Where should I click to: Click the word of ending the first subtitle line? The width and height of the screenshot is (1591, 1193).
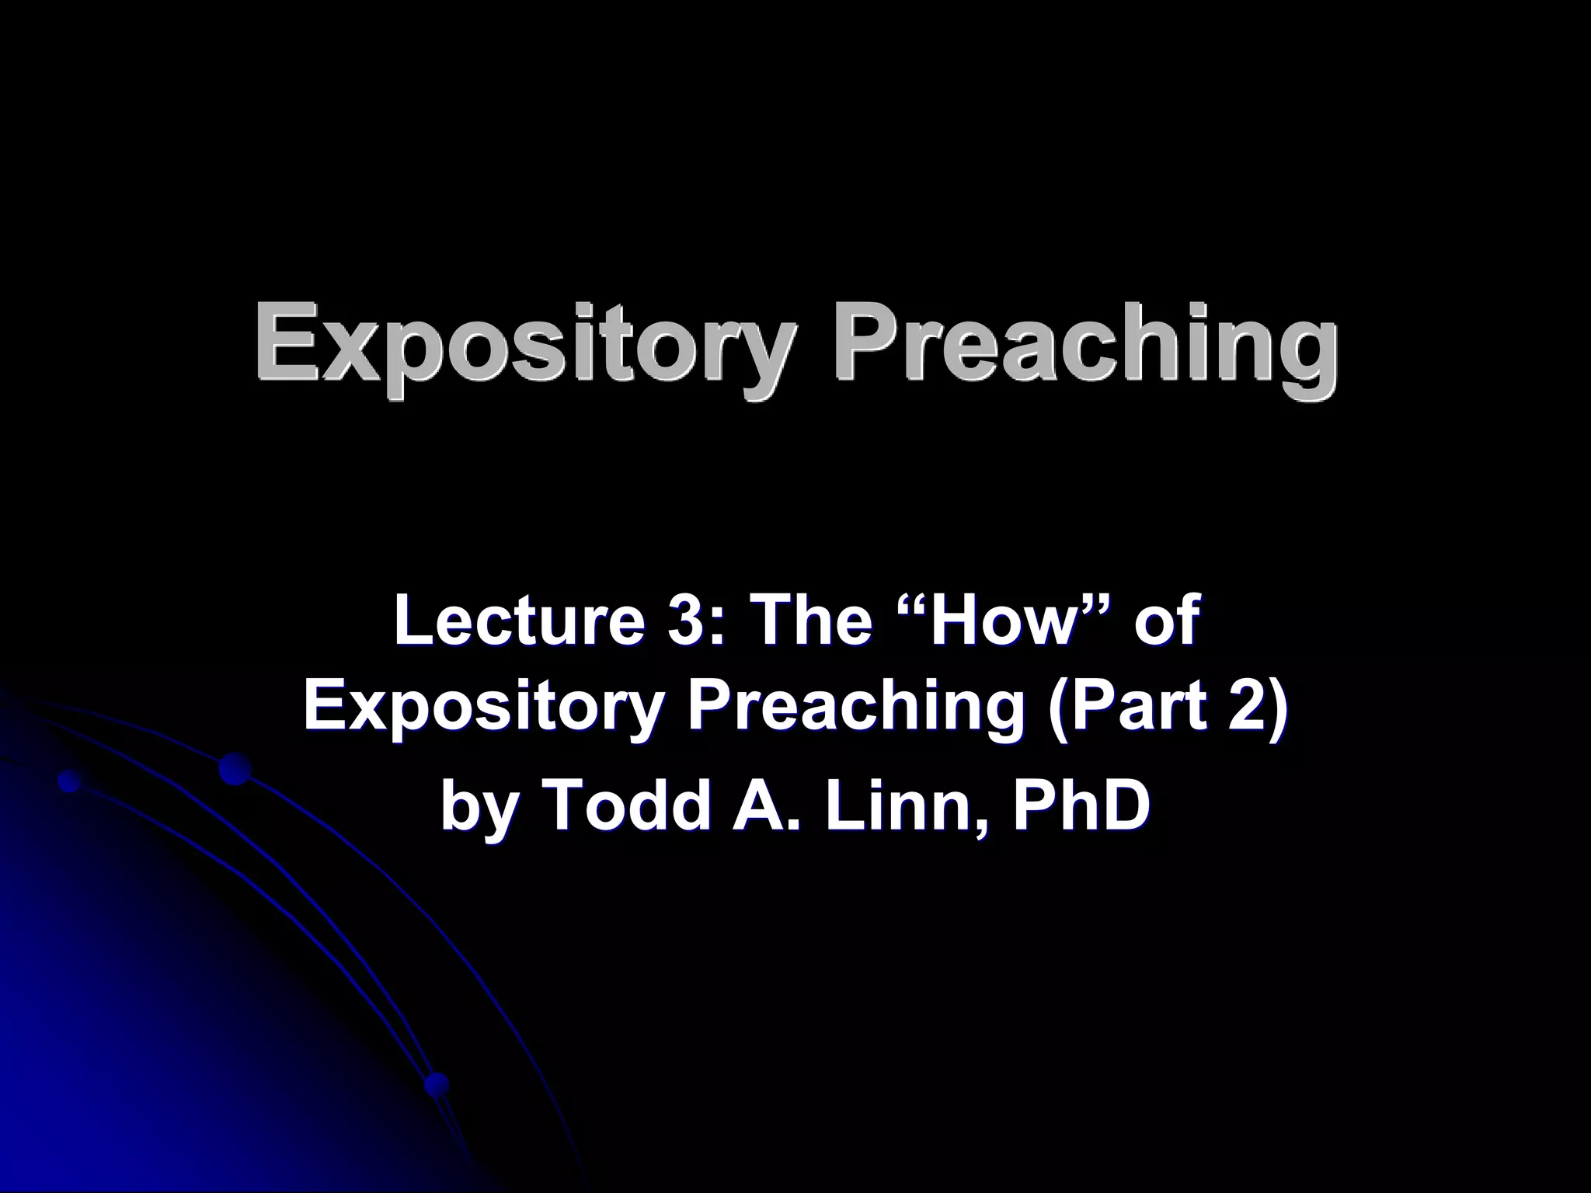1165,621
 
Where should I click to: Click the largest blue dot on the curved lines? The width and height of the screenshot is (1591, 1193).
234,769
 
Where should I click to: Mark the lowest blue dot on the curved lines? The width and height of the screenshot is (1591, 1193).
437,1082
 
